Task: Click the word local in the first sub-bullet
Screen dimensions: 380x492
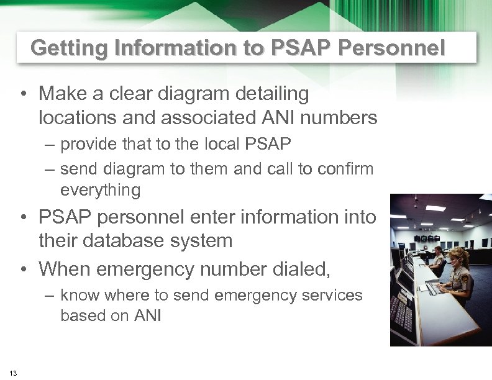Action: click(x=222, y=145)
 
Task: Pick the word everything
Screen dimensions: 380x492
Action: click(x=101, y=190)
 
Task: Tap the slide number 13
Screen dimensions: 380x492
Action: click(x=14, y=373)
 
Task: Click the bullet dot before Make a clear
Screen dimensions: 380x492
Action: click(x=23, y=94)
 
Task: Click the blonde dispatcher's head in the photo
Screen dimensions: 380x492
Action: click(x=458, y=256)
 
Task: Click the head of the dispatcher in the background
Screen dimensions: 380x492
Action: click(x=439, y=251)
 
